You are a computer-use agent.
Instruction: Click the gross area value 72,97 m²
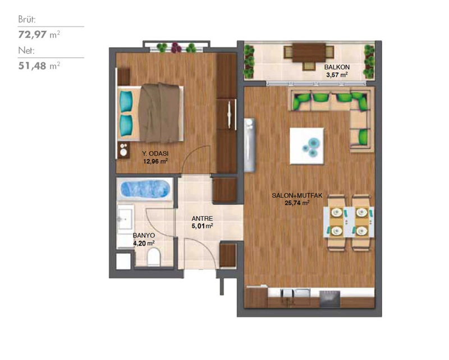(39, 34)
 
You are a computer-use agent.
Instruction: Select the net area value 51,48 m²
(39, 66)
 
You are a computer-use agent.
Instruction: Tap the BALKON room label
(337, 67)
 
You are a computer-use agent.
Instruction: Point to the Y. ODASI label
(155, 154)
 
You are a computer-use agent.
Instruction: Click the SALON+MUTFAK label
(297, 196)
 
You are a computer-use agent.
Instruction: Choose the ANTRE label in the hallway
(202, 218)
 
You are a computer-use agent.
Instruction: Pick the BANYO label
(144, 235)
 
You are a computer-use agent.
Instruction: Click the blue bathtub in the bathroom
(145, 189)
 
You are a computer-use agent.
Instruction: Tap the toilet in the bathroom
(153, 257)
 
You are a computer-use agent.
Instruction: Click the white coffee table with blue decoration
(306, 146)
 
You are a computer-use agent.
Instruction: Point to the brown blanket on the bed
(159, 113)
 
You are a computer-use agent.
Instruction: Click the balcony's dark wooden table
(309, 52)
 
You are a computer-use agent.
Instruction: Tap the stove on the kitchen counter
(329, 298)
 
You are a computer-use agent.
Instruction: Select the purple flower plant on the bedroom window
(176, 48)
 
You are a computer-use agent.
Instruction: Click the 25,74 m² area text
(297, 203)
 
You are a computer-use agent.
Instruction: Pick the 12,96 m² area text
(155, 161)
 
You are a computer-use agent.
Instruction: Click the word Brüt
(27, 20)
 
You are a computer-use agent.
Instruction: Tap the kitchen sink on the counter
(296, 293)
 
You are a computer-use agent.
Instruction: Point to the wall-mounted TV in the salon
(249, 145)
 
